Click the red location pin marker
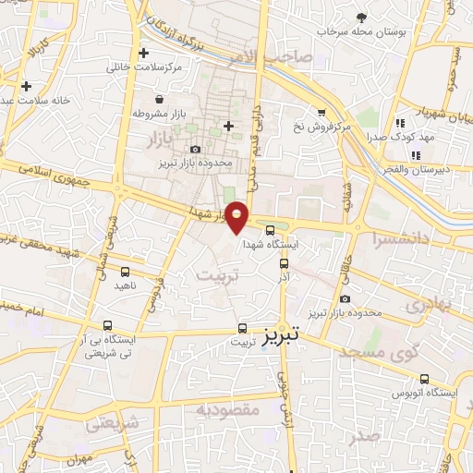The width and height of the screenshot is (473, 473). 237,215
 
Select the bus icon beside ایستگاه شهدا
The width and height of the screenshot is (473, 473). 270,231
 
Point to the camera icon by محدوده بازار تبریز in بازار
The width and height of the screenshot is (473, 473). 195,150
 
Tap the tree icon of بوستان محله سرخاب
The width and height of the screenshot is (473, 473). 361,17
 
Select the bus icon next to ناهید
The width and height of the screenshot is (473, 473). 125,272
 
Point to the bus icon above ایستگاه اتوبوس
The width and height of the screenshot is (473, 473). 424,379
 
